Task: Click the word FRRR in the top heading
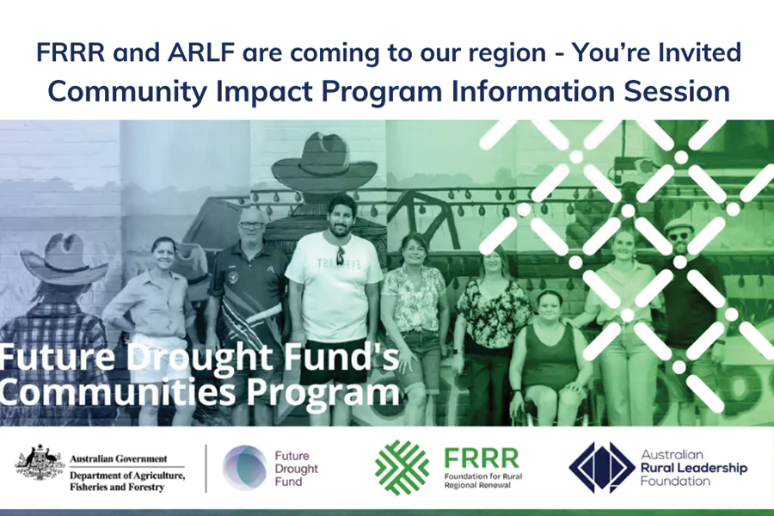(71, 52)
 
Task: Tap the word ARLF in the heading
(200, 52)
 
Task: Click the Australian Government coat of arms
(40, 463)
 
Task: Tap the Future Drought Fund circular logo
(244, 467)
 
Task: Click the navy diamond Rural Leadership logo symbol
(602, 467)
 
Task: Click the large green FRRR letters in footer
(482, 458)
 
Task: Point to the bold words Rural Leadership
(694, 468)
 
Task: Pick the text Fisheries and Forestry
(116, 488)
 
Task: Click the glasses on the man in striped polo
(252, 225)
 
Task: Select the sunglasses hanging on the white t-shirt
(341, 255)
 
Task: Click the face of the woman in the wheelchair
(549, 307)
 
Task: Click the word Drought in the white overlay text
(197, 358)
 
